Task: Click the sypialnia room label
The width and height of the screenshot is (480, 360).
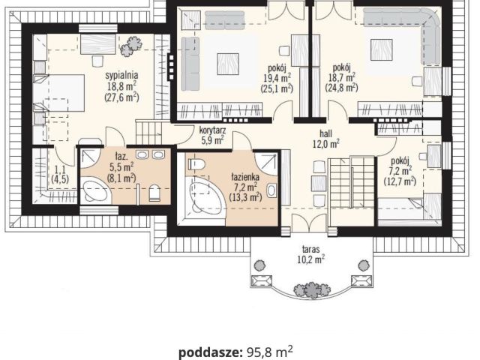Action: click(121, 75)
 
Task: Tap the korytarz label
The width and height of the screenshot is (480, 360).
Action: click(212, 130)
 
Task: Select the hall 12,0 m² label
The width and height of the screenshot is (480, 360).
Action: click(325, 139)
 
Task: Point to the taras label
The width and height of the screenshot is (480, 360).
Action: click(311, 248)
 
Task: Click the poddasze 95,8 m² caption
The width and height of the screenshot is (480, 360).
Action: click(235, 352)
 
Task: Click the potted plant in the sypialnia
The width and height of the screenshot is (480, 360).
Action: click(131, 46)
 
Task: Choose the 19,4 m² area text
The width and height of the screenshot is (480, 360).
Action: click(277, 78)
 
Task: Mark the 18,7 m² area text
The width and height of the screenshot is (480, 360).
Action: click(342, 77)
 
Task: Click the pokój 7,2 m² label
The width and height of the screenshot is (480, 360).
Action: click(400, 171)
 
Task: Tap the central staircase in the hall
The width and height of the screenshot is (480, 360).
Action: click(352, 182)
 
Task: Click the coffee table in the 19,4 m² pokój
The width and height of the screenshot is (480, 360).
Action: click(228, 64)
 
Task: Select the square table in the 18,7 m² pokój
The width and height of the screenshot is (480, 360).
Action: click(382, 49)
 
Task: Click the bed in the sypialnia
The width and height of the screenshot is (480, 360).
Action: click(58, 93)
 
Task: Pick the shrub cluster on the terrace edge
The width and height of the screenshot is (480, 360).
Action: click(311, 289)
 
